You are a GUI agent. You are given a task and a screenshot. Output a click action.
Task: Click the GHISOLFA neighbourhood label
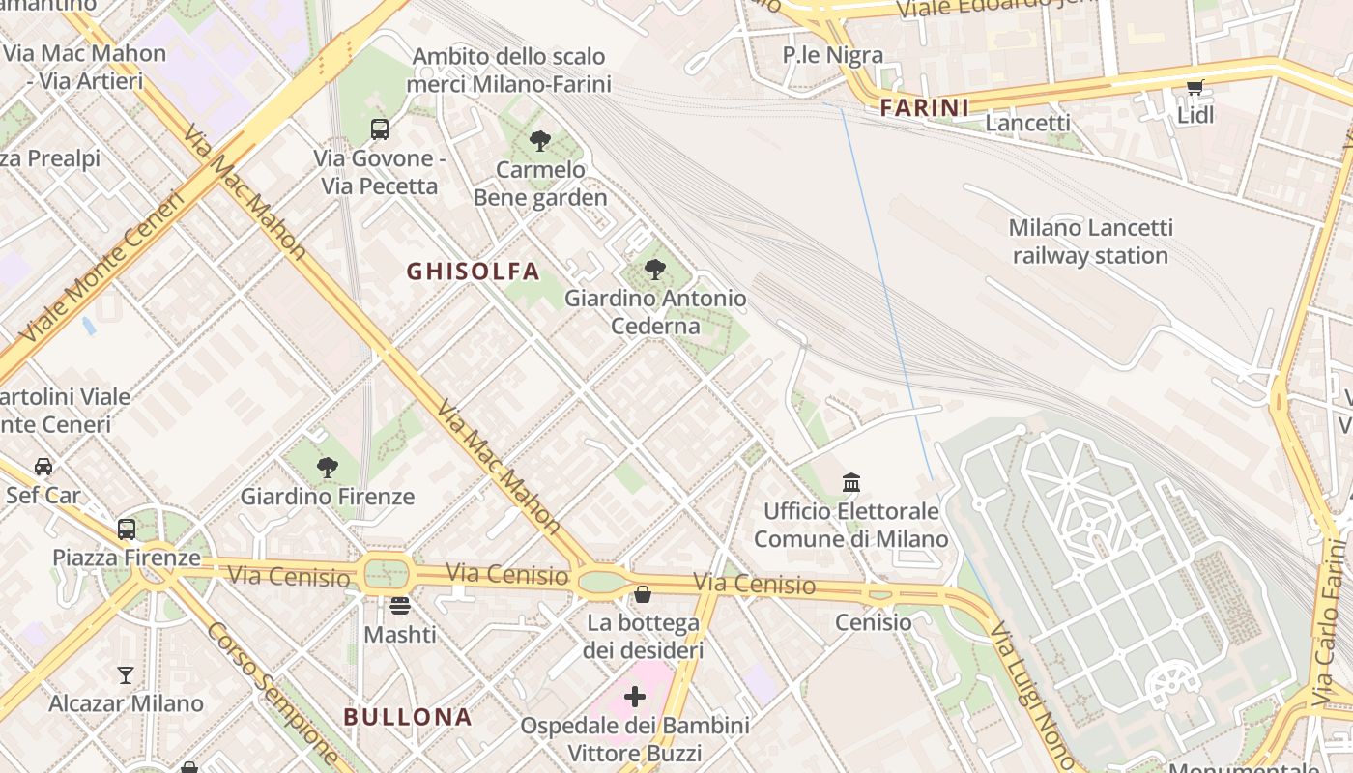pos(473,272)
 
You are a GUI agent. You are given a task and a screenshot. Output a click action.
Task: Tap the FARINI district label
pos(924,107)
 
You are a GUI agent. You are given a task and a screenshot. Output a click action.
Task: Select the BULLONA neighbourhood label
pos(408,717)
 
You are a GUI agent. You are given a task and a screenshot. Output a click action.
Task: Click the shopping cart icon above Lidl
pos(1195,88)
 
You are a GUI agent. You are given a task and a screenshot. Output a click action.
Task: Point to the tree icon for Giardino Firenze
pos(328,468)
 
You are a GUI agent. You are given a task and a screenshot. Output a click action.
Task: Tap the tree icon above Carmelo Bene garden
pos(540,141)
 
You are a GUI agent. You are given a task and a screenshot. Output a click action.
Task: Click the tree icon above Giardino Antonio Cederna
pos(655,270)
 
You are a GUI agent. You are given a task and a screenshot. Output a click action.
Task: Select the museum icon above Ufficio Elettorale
pos(851,481)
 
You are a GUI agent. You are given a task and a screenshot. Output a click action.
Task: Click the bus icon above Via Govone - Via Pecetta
pos(380,129)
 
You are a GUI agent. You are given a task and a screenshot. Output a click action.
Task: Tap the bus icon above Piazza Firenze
pos(127,529)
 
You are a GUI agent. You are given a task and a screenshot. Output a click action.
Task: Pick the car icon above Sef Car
pos(43,467)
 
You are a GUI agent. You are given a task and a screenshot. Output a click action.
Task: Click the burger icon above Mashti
pos(400,606)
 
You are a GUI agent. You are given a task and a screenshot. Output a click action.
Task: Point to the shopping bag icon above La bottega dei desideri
pos(643,593)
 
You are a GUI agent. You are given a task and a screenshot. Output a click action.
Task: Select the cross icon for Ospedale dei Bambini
pos(635,696)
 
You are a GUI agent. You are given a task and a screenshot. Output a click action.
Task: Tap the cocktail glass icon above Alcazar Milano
pos(126,674)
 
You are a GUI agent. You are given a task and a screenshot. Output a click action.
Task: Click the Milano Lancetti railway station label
pos(1090,242)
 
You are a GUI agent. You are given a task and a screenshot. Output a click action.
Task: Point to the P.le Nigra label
pos(832,55)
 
